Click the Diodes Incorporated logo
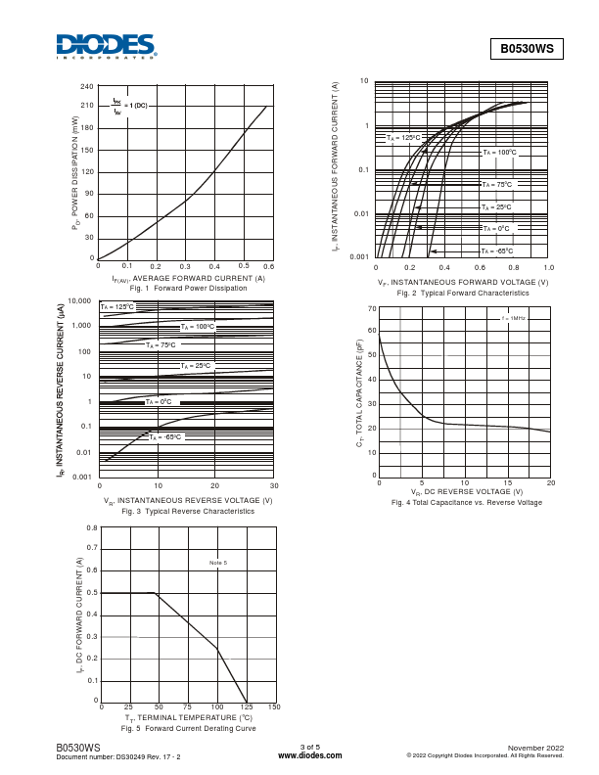(106, 46)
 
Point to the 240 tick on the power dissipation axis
(87, 87)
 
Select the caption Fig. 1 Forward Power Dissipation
(189, 289)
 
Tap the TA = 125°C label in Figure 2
(403, 138)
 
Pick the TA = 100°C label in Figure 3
(197, 327)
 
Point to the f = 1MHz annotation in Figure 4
(513, 318)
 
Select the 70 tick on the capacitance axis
(372, 308)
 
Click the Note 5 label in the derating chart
(218, 563)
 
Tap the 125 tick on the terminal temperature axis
(246, 707)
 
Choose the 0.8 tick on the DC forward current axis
(92, 527)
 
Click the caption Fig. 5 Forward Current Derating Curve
(188, 729)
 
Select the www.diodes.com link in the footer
(309, 755)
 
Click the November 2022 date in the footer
(536, 748)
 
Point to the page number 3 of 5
(309, 748)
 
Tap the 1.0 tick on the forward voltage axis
(548, 266)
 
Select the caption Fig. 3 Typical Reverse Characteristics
(188, 511)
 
